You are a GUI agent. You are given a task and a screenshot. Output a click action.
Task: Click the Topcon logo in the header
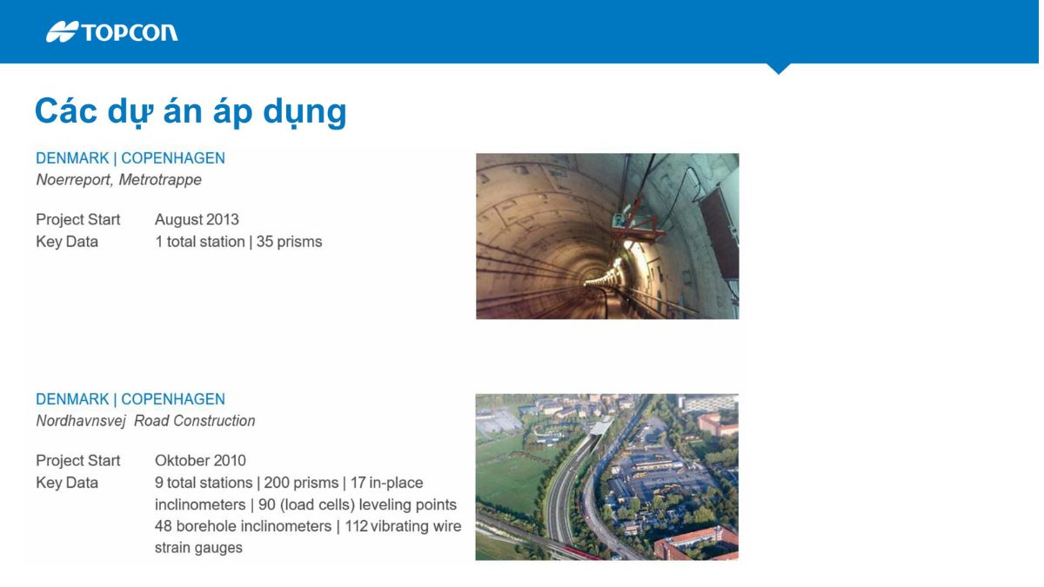[x=111, y=32]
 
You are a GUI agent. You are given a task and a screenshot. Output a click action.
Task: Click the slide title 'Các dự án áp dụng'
[x=190, y=111]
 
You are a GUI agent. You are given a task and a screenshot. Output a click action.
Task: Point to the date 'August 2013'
[x=197, y=219]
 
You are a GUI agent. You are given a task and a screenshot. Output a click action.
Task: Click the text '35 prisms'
[x=289, y=242]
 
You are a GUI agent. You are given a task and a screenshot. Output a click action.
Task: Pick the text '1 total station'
[x=199, y=242]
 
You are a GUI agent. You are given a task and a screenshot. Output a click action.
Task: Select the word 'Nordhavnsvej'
[x=81, y=421]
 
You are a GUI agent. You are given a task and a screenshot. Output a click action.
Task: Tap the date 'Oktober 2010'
[x=200, y=461]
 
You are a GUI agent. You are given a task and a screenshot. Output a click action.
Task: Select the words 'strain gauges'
[x=198, y=548]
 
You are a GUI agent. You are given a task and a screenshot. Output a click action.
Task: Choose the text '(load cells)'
[x=318, y=504]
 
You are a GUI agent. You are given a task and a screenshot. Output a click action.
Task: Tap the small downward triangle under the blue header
[x=779, y=68]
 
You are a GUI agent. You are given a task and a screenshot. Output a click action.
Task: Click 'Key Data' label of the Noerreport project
[x=67, y=242]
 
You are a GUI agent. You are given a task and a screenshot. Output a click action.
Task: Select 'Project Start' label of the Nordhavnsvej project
[x=78, y=461]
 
